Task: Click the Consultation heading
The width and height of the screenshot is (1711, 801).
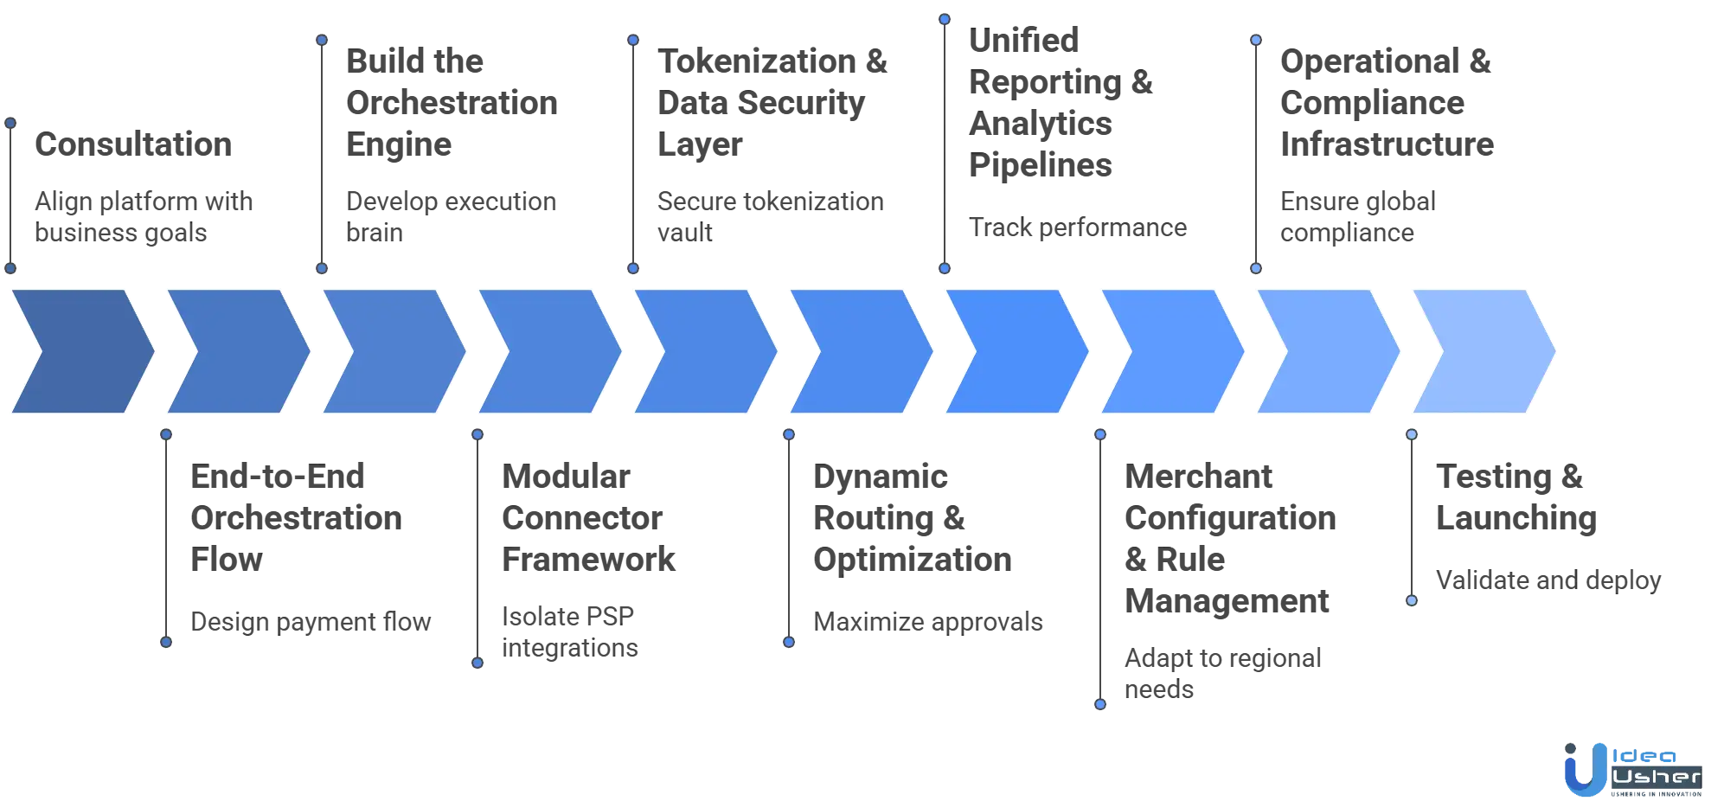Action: coord(134,145)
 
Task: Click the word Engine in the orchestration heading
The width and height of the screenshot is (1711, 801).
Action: coord(400,144)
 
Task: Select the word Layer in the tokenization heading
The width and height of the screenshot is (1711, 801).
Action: coord(701,144)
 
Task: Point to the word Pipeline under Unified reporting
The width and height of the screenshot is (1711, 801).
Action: coord(1040,165)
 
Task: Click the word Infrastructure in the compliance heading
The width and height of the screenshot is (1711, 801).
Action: coord(1386,144)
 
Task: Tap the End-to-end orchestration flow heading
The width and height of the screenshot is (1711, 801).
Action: coord(293,517)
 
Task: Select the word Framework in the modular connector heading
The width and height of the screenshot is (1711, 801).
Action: coord(587,559)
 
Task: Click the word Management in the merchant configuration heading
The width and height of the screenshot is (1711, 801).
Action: coord(1227,600)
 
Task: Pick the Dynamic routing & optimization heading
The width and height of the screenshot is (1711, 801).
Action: coord(912,517)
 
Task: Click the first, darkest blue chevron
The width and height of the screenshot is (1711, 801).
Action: coord(80,351)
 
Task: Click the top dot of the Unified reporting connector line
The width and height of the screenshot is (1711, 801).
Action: coord(945,18)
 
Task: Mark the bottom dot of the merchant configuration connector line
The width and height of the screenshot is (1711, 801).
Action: coord(1099,704)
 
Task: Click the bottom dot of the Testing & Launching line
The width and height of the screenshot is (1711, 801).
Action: coord(1411,600)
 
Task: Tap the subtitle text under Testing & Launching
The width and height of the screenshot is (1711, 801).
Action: coord(1548,583)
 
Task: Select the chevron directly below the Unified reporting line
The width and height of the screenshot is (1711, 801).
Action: coord(1015,351)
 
